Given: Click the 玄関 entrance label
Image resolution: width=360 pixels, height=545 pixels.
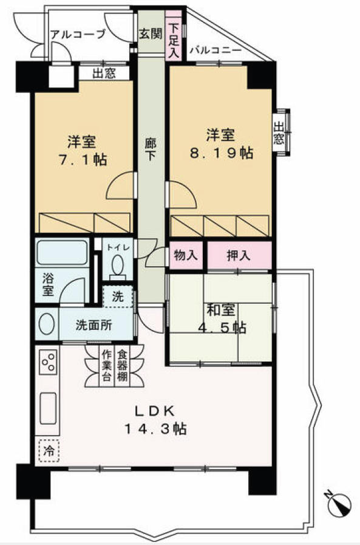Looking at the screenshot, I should click(x=151, y=35).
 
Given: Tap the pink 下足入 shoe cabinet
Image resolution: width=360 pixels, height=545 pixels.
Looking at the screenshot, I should click(x=174, y=39).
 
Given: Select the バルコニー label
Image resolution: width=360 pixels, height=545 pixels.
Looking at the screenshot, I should click(x=216, y=50).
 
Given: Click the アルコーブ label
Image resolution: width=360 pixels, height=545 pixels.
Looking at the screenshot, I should click(x=78, y=34).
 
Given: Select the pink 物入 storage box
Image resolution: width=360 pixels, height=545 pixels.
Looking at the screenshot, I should click(x=186, y=255).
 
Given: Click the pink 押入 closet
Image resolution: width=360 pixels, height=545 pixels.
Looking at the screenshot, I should click(x=239, y=255).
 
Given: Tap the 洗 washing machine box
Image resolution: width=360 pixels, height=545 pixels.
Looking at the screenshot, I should click(x=118, y=297).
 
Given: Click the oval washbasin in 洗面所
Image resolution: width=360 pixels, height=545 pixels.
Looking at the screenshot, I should click(x=47, y=324).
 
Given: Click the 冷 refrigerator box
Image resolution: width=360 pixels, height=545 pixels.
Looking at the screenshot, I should click(x=48, y=451).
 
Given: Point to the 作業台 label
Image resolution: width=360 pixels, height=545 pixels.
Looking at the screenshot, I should click(x=107, y=366).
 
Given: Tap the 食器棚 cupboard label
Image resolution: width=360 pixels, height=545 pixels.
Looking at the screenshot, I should click(x=122, y=366).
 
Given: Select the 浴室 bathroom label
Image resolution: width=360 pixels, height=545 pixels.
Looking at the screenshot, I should click(x=47, y=286).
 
